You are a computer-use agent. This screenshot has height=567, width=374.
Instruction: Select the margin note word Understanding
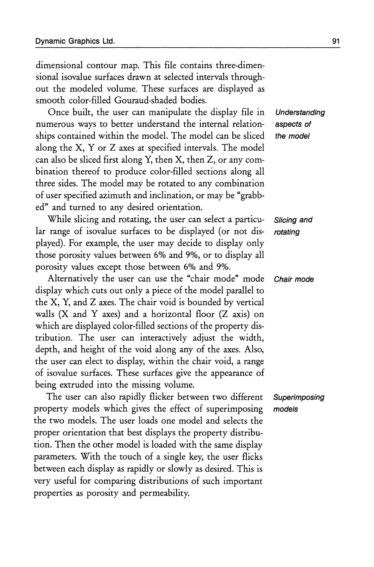tap(300, 113)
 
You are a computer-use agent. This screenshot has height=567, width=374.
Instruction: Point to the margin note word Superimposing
tap(300, 397)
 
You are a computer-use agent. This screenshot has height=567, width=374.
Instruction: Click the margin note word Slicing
tap(287, 220)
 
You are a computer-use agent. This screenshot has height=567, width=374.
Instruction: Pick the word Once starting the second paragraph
tap(59, 113)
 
